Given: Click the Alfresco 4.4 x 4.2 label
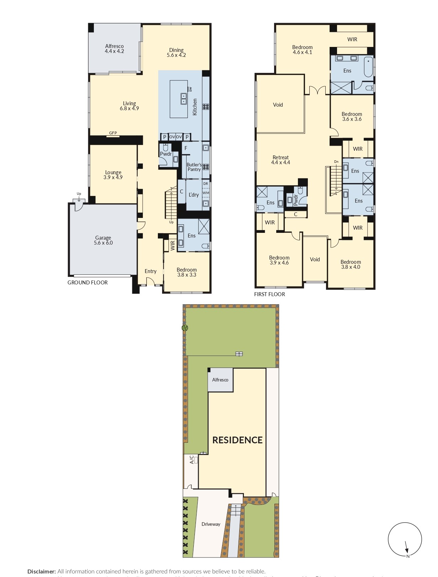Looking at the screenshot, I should pyautogui.click(x=114, y=49).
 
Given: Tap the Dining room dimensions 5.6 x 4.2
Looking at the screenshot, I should pyautogui.click(x=176, y=55).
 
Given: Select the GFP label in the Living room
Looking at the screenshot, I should pyautogui.click(x=113, y=133).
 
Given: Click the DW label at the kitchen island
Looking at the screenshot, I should pyautogui.click(x=190, y=89).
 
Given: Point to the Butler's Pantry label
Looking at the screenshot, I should pyautogui.click(x=194, y=167).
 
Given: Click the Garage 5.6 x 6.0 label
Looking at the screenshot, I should pyautogui.click(x=103, y=240).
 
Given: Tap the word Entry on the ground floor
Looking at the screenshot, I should pyautogui.click(x=150, y=271).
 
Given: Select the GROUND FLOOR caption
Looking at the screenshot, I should pyautogui.click(x=87, y=283).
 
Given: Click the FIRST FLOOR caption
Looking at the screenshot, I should pyautogui.click(x=269, y=294).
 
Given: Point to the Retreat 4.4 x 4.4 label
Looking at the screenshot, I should pyautogui.click(x=281, y=160).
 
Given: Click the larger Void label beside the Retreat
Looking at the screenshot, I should pyautogui.click(x=278, y=105).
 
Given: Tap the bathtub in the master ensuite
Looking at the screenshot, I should pyautogui.click(x=368, y=66).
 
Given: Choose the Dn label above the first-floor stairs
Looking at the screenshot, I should pyautogui.click(x=336, y=162).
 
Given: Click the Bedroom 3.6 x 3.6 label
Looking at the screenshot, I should pyautogui.click(x=352, y=117).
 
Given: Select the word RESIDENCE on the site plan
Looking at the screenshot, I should pyautogui.click(x=237, y=440).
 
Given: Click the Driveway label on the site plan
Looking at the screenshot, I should pyautogui.click(x=211, y=524).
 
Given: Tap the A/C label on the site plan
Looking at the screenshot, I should pyautogui.click(x=192, y=460).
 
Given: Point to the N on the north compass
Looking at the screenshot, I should pyautogui.click(x=408, y=556).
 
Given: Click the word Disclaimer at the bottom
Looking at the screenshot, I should pyautogui.click(x=42, y=571).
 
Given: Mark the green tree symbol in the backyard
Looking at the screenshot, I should pyautogui.click(x=185, y=328).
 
